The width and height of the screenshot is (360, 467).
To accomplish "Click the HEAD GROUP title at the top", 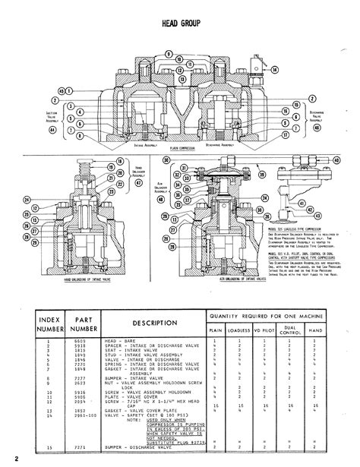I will click(180, 24).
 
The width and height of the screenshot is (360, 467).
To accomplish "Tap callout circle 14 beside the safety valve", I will click(274, 68).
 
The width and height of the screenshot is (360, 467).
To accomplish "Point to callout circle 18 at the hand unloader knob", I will click(120, 164).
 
